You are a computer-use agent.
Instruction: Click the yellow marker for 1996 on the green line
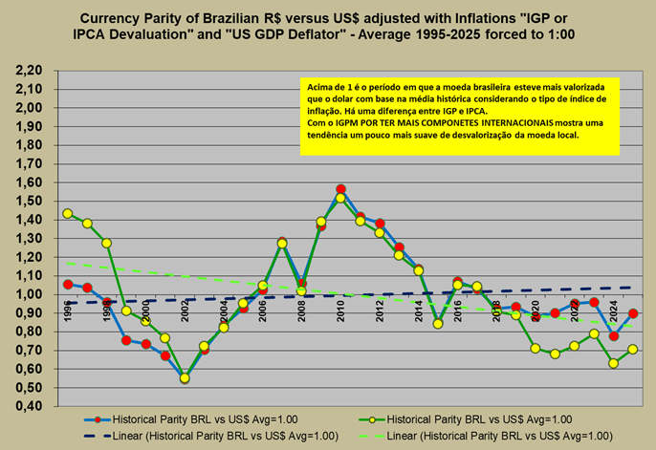click(68, 214)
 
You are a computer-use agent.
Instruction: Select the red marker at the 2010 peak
click(341, 189)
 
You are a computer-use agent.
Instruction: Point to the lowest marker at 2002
click(185, 378)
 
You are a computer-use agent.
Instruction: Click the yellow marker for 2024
click(614, 363)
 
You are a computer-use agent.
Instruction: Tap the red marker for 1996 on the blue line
click(68, 284)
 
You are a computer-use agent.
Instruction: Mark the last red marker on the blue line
click(633, 313)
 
